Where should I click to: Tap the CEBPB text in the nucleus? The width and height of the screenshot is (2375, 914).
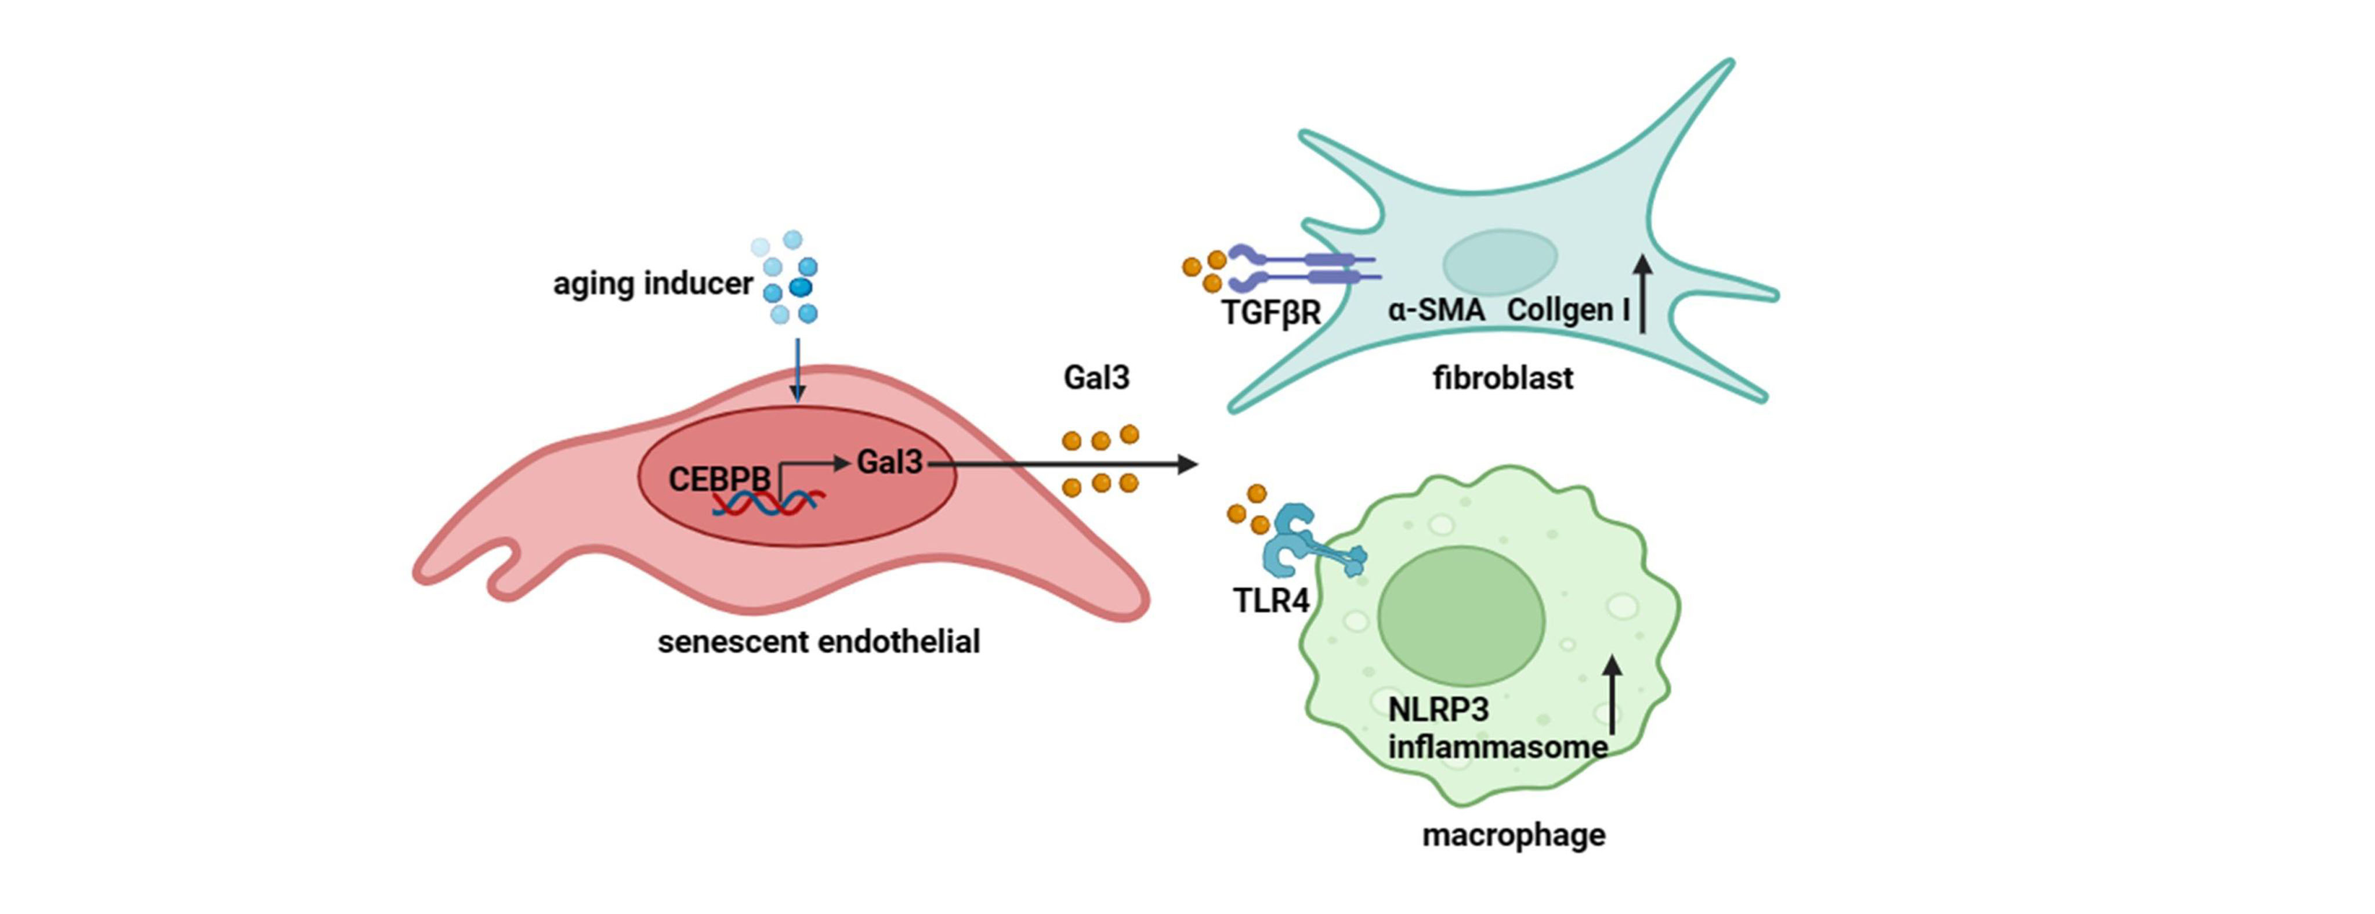[719, 479]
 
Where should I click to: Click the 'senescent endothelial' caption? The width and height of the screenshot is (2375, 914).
[819, 642]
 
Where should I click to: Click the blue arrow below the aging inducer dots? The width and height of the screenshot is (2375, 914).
[798, 369]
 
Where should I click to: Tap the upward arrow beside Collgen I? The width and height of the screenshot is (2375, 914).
[1642, 293]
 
